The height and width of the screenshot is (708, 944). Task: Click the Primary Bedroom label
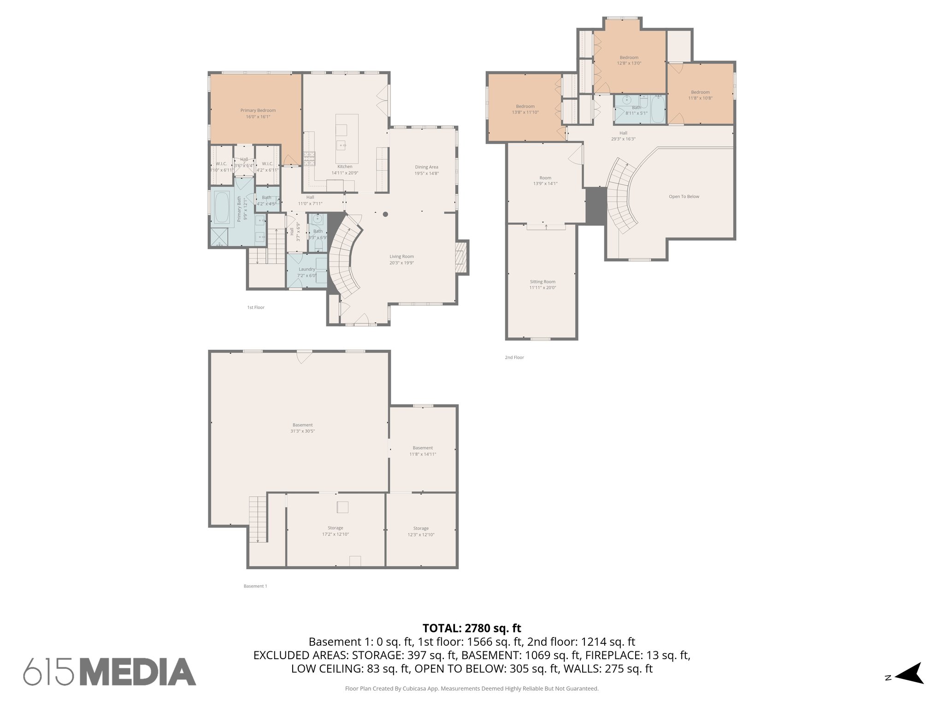click(258, 111)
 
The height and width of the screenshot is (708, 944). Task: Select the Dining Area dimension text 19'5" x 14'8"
click(426, 174)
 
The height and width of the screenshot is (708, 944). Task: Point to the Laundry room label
click(307, 270)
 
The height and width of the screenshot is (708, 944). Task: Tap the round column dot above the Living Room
click(385, 214)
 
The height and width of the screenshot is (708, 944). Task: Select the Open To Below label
click(684, 197)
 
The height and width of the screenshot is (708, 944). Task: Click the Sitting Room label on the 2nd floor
click(543, 282)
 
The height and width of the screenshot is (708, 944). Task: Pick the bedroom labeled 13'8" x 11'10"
click(525, 109)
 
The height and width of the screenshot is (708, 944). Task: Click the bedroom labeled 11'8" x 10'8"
click(700, 95)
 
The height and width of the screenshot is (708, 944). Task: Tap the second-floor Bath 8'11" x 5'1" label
click(636, 110)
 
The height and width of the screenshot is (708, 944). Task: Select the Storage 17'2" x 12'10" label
click(335, 531)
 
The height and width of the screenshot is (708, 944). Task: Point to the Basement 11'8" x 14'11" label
click(423, 451)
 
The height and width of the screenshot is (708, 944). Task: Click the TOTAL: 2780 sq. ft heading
click(472, 628)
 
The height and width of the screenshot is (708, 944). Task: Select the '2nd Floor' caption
click(514, 357)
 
